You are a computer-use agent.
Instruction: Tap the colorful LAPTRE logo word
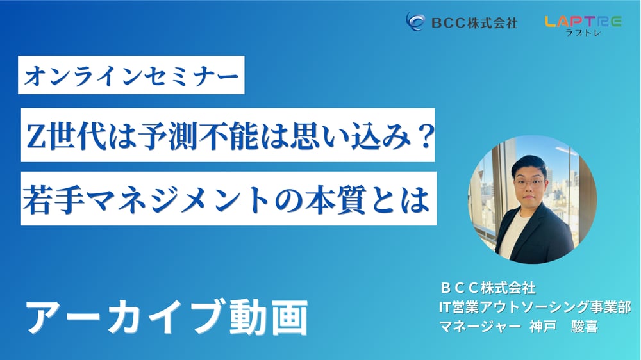point(583,22)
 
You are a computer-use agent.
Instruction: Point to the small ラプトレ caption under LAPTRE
point(583,33)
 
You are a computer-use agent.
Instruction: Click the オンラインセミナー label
point(131,76)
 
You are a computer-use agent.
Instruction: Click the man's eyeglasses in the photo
point(529,183)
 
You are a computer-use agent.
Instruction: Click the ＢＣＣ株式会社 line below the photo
point(488,288)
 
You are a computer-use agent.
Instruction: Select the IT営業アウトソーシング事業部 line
point(535,307)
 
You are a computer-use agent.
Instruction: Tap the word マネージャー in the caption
point(480,327)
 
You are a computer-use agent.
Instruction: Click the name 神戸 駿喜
point(564,327)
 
